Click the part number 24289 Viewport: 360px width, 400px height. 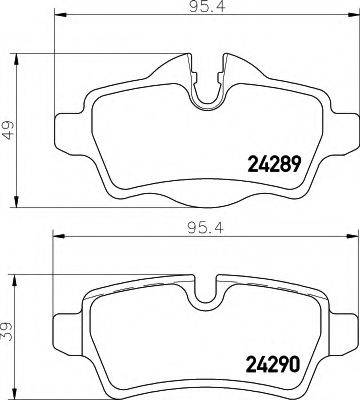point(274,164)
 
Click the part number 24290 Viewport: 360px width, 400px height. point(273,364)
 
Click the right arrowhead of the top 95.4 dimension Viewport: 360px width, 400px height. point(352,14)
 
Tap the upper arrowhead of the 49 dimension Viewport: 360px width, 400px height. point(16,59)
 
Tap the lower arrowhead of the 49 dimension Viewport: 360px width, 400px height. point(16,202)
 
